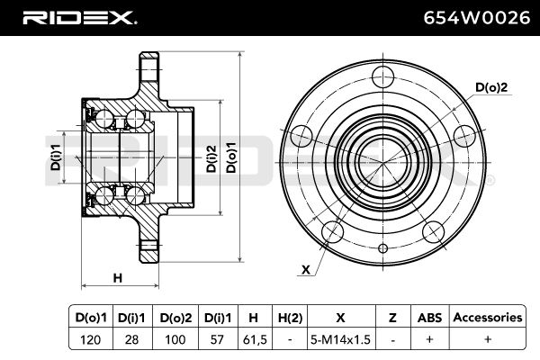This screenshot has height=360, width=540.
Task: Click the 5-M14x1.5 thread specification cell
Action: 340,339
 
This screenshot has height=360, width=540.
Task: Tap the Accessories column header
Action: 487,318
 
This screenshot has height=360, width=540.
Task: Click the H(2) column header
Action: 290,318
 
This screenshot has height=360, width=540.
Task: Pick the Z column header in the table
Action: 392,318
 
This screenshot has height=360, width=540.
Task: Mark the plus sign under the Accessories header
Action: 487,339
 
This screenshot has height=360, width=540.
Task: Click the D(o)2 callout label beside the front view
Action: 492,87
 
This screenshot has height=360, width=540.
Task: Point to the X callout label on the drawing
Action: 306,269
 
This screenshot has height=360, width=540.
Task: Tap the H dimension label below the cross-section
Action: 117,278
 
